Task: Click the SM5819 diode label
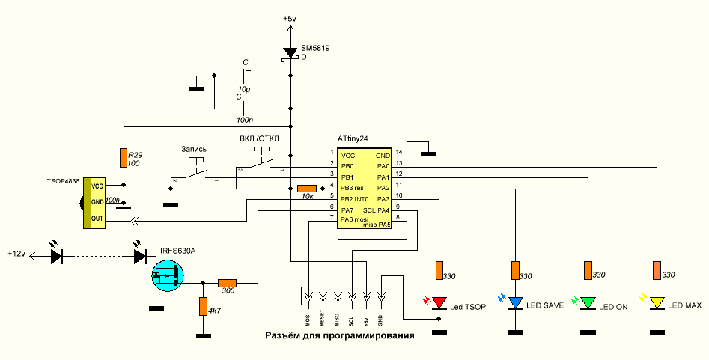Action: click(315, 48)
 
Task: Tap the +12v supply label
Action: click(16, 254)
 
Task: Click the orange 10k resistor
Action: click(307, 188)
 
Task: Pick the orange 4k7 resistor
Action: click(202, 306)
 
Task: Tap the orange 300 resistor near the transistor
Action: click(227, 283)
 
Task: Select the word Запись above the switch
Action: click(194, 149)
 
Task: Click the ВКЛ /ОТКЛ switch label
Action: click(260, 139)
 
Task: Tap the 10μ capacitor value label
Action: click(244, 90)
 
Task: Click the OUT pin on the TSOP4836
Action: click(97, 219)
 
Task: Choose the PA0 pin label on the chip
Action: click(383, 165)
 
